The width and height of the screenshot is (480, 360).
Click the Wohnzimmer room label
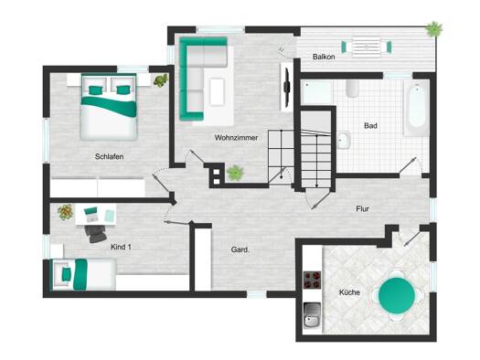point(236,138)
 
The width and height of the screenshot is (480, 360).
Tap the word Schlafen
point(110,156)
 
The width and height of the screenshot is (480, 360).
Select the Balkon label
point(324,57)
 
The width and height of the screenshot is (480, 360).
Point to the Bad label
point(370,126)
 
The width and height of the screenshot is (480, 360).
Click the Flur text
point(362,209)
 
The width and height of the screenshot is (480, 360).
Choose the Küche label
point(349,292)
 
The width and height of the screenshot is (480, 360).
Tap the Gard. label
point(240,249)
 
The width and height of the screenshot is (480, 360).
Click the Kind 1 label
point(121,247)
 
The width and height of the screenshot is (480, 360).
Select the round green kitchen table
point(397,295)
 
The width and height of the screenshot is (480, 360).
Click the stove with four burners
point(313,280)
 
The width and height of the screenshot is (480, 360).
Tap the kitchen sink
point(313,314)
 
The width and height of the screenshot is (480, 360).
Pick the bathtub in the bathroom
point(417,106)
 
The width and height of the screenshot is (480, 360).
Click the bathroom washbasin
point(344,140)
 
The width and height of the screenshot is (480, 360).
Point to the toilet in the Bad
point(353,89)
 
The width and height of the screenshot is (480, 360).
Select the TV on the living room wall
point(287,88)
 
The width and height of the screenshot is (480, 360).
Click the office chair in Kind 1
point(96,233)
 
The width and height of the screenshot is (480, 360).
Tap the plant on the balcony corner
point(433,29)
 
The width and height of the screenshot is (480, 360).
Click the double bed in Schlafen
point(109,107)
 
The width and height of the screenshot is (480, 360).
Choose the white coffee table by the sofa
point(218,92)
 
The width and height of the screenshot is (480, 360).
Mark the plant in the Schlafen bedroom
point(161,80)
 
